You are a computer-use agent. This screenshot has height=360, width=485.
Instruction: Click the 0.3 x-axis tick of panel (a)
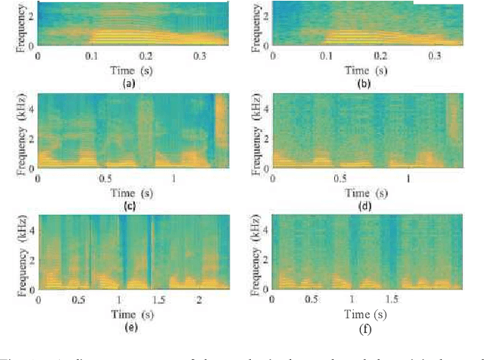(200, 56)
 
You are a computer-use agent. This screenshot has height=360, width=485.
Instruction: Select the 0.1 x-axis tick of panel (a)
(92, 56)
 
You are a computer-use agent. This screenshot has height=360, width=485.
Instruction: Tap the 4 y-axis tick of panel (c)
(30, 100)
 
